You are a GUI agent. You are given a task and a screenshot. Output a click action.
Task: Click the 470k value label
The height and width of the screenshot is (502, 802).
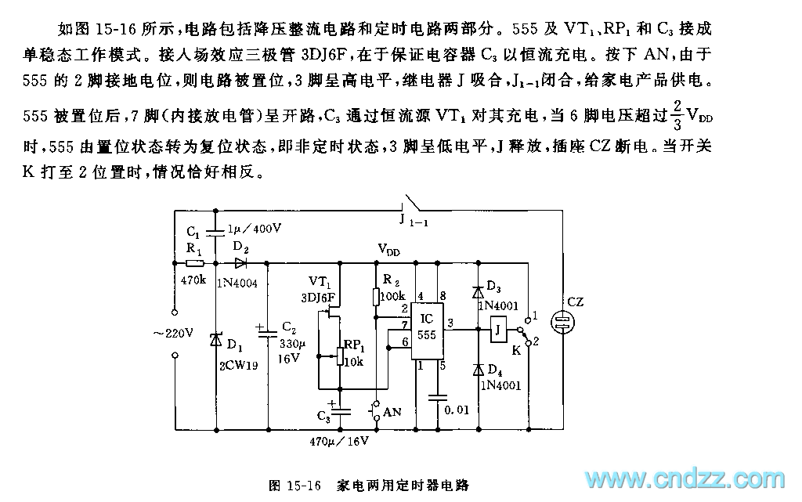193,280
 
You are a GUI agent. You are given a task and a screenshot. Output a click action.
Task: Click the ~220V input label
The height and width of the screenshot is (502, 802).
173,332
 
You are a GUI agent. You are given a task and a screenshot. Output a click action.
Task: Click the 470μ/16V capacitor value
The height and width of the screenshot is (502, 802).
338,441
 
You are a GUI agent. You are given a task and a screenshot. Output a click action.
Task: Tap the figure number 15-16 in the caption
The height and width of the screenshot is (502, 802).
307,485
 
